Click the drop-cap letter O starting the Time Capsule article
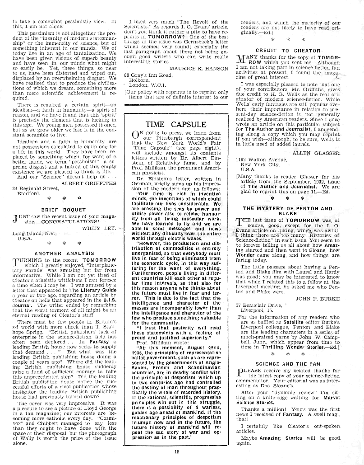[135, 136]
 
